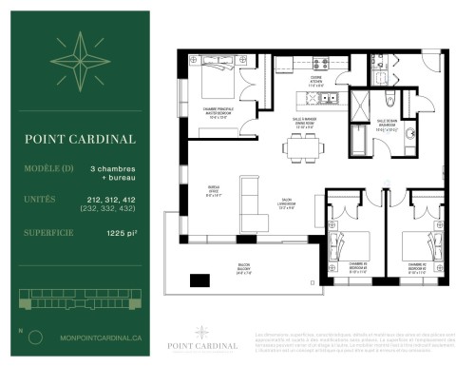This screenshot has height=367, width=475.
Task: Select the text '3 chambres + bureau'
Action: [112, 172]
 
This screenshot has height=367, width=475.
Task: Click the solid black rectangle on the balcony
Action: [200, 280]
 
